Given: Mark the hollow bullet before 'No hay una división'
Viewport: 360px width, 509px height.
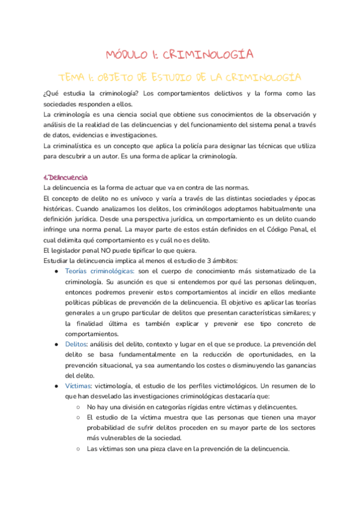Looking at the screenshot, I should (x=79, y=407).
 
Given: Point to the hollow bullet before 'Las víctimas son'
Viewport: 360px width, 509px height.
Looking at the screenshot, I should (x=79, y=448).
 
